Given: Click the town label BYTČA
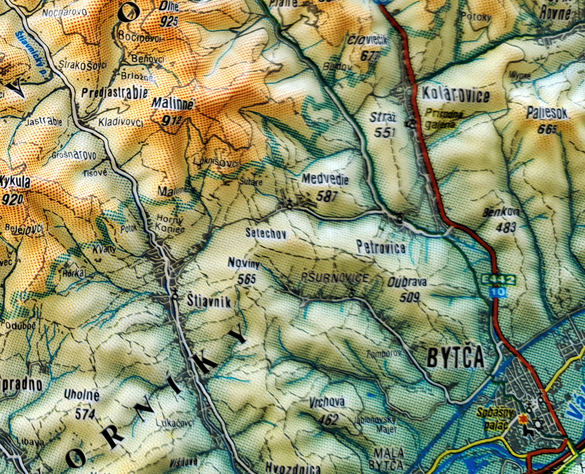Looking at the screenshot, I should click(x=455, y=358).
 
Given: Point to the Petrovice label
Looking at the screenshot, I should click(x=381, y=248).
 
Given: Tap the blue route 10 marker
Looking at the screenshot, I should click(x=498, y=291).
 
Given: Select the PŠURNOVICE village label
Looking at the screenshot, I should click(x=335, y=277).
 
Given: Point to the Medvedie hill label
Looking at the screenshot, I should click(x=325, y=179).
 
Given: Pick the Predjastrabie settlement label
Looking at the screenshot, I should click(x=115, y=92).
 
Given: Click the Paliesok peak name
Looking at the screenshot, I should click(x=547, y=114).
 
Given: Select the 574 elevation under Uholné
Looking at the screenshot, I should click(x=85, y=414).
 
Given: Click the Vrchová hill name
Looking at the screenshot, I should click(x=328, y=403).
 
